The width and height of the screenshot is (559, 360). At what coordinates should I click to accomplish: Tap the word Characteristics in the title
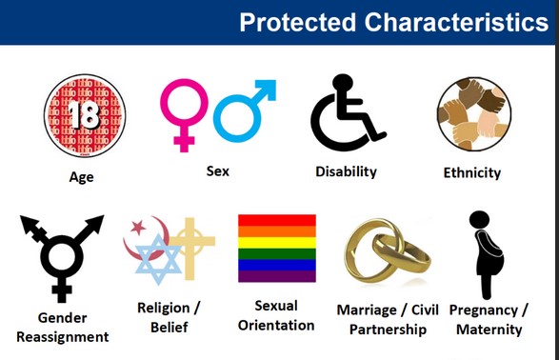[454, 22]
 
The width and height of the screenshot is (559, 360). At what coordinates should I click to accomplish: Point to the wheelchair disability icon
[344, 114]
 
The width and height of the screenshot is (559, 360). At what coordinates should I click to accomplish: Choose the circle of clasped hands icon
[473, 114]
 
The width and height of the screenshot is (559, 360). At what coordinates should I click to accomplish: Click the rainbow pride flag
[277, 248]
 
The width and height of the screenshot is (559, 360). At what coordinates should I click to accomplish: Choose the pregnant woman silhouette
[486, 252]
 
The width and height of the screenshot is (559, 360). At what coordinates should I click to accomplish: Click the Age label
[82, 176]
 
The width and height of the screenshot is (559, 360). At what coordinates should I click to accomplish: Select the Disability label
[346, 171]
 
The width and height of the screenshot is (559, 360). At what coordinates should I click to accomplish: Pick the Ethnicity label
[472, 173]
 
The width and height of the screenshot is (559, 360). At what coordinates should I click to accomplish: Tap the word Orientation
[277, 325]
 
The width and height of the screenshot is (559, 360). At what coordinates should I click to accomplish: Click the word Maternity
[489, 330]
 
